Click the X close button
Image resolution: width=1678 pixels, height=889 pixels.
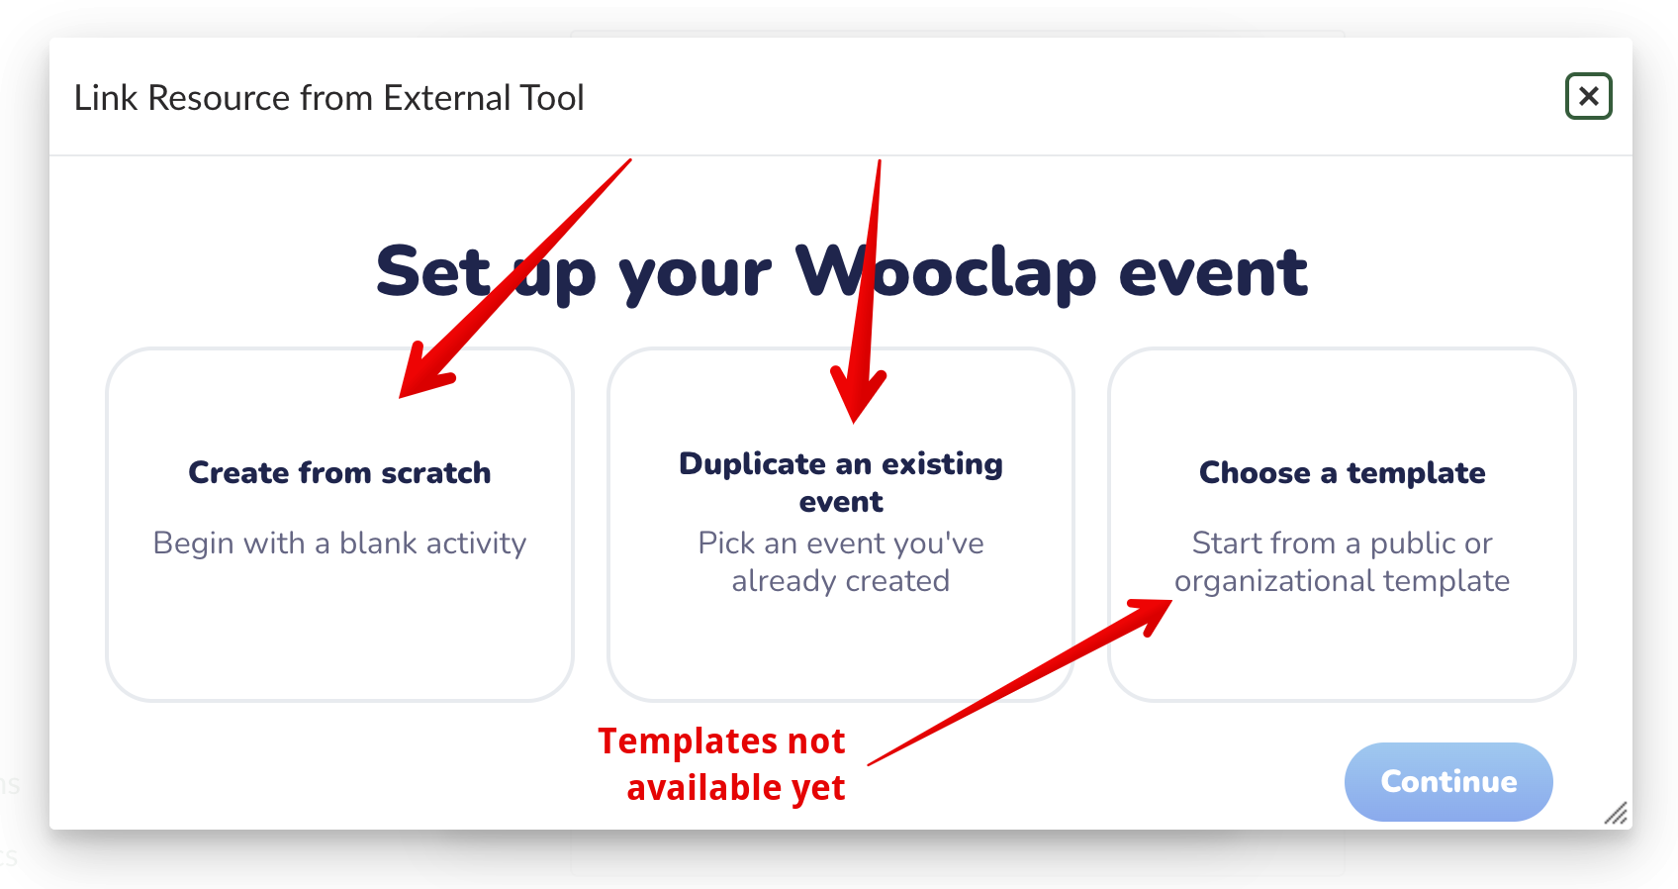1588,96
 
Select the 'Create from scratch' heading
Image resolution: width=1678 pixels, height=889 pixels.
339,473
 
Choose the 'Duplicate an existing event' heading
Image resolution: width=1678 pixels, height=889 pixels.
841,482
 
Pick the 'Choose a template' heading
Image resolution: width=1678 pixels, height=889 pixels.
1342,473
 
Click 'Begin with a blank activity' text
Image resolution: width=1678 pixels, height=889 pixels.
339,543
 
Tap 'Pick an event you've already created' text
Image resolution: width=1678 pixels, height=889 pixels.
841,561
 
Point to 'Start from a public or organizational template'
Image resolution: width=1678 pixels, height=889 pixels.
1342,561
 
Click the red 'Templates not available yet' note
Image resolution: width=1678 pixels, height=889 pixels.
721,764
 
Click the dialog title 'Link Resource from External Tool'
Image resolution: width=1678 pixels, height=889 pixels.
328,97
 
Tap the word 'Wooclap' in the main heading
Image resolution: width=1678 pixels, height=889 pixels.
946,272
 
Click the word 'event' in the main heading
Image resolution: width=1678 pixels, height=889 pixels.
1213,273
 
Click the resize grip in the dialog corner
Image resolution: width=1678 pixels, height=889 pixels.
1616,814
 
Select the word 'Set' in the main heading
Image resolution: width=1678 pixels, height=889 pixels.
432,272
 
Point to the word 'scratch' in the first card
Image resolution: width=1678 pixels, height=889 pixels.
436,473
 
